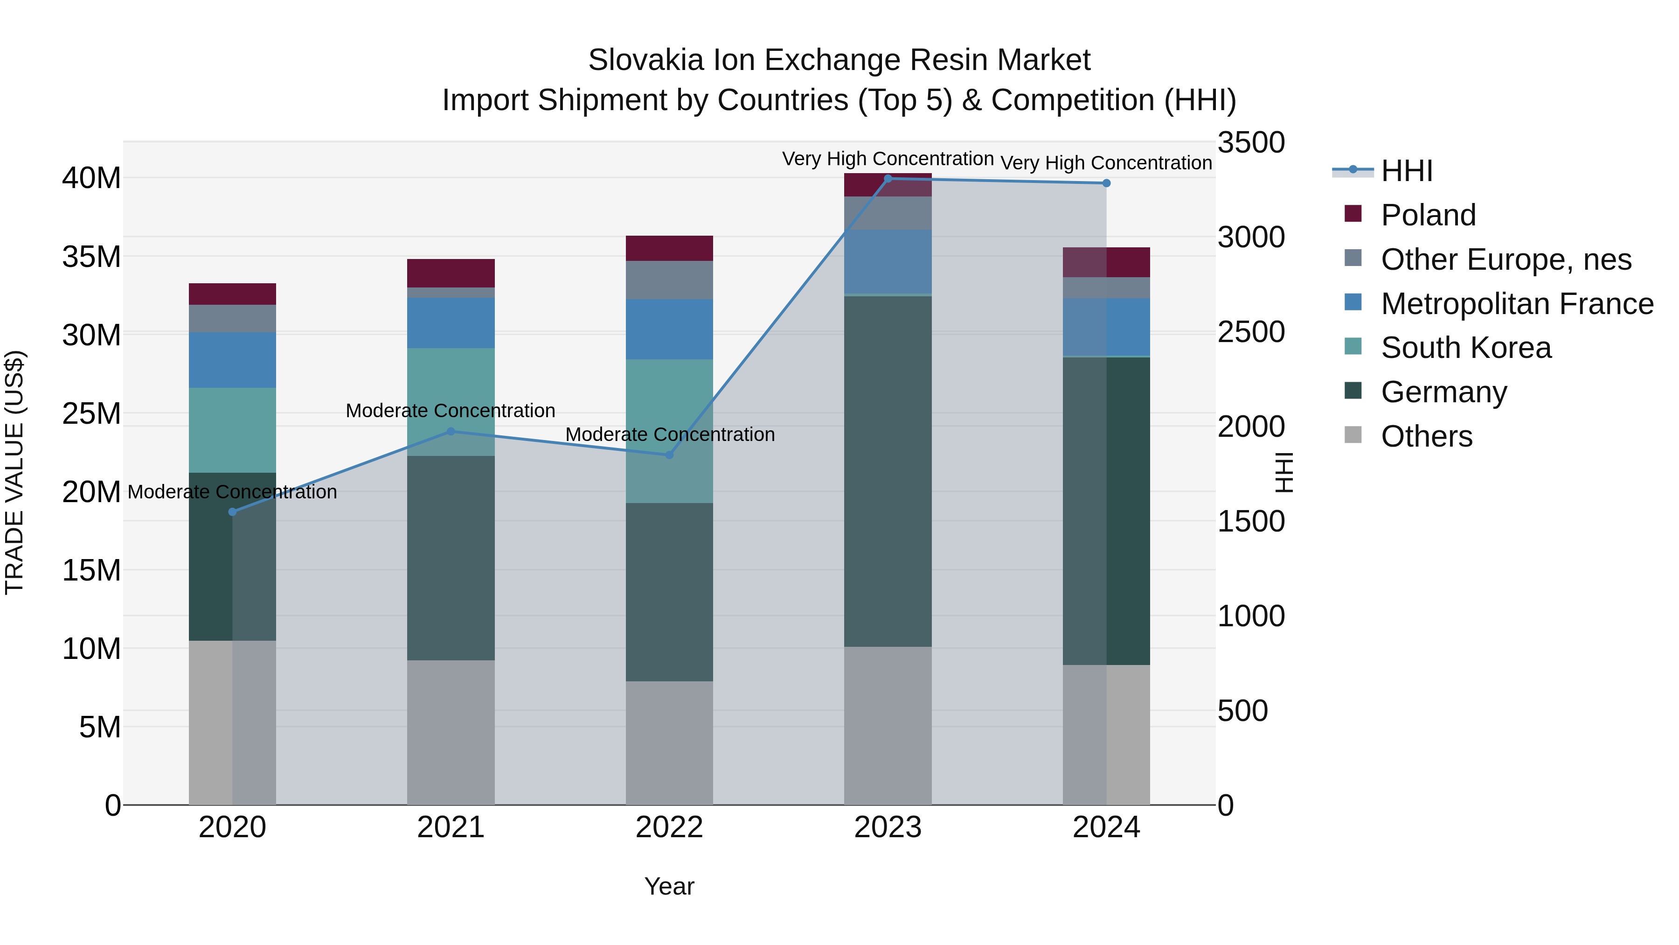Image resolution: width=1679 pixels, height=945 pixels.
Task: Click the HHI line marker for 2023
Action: (888, 179)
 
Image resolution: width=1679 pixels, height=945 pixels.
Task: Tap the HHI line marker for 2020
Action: (233, 512)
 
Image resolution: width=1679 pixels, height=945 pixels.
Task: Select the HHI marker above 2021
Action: (451, 431)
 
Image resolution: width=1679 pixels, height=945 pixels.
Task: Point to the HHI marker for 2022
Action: (669, 455)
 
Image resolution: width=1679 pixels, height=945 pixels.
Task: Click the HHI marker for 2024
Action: (1106, 183)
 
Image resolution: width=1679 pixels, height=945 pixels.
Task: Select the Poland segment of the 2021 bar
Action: (451, 273)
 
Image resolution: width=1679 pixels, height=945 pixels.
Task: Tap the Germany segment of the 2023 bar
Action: (888, 471)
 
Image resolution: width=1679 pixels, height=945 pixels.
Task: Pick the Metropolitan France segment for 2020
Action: (233, 360)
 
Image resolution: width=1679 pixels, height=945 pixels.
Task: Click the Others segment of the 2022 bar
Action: (669, 743)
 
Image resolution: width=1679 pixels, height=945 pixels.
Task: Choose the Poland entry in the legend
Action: (1428, 215)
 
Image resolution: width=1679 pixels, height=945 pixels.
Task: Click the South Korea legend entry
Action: (1465, 348)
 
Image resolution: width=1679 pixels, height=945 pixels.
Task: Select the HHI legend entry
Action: (1407, 171)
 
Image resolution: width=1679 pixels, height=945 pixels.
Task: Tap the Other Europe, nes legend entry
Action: (1506, 259)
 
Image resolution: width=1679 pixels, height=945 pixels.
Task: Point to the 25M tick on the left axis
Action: (91, 413)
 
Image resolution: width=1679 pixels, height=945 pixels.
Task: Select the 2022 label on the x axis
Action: (669, 827)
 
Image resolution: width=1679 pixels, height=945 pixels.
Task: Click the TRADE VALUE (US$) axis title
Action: (14, 472)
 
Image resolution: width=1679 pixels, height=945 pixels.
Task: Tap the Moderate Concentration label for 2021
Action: (451, 411)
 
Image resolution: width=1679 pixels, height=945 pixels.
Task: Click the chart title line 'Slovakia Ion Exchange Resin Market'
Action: (839, 60)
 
